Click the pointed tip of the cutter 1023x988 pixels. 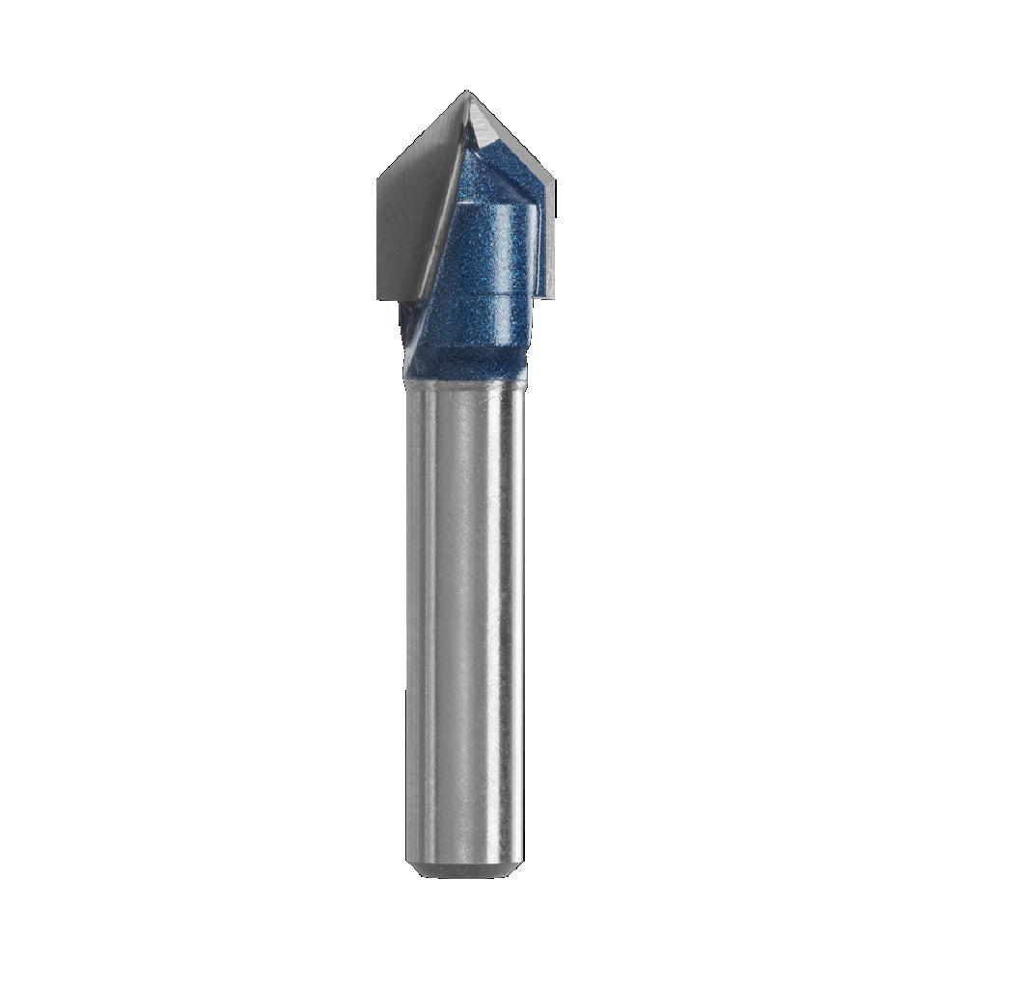tap(466, 93)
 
